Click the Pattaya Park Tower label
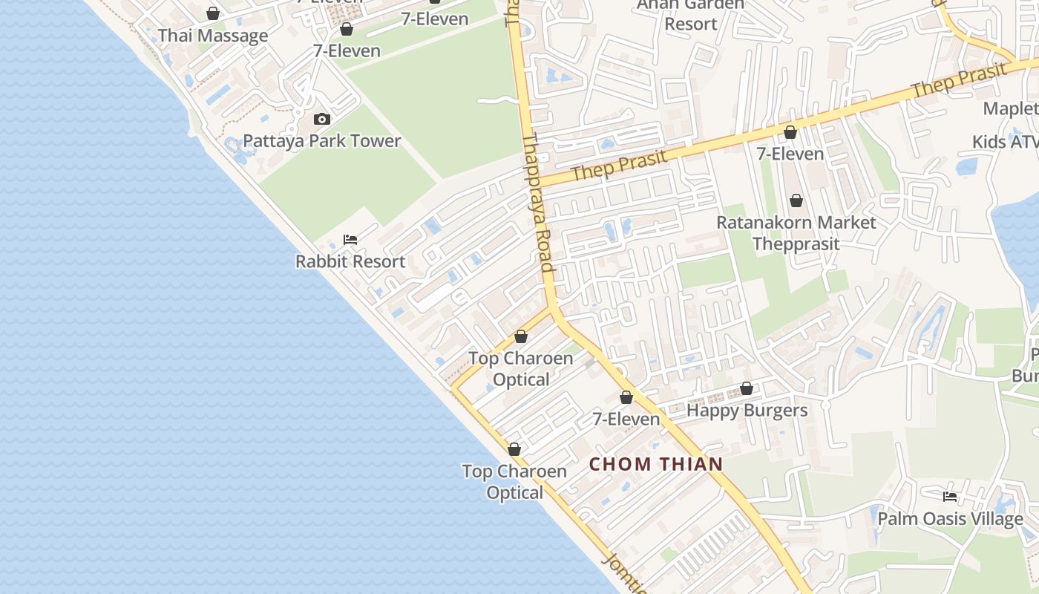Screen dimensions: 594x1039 click(x=321, y=141)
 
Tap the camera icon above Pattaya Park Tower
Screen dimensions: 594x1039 click(x=321, y=119)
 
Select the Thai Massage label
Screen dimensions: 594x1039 click(x=213, y=36)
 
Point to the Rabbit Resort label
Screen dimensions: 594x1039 click(x=350, y=261)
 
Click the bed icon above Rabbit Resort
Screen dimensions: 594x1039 click(x=350, y=240)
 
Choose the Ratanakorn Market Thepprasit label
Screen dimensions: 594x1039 click(x=796, y=233)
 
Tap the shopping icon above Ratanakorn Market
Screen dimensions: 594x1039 click(x=796, y=200)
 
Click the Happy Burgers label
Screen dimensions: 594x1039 click(x=747, y=411)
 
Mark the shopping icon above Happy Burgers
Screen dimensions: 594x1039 click(x=747, y=389)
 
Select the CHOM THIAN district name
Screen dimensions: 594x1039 click(x=656, y=465)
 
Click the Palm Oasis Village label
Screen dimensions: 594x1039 click(x=950, y=519)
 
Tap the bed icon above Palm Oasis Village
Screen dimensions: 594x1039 click(x=950, y=497)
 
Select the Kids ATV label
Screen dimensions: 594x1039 click(x=1006, y=141)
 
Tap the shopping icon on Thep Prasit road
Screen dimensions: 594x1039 click(x=790, y=132)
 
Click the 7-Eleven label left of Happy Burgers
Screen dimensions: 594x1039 click(x=626, y=420)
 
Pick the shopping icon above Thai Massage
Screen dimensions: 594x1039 click(x=213, y=13)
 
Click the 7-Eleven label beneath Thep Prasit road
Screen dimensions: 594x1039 click(x=790, y=154)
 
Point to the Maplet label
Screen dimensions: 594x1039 click(x=1010, y=108)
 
